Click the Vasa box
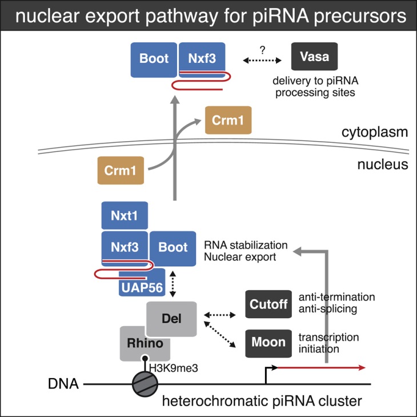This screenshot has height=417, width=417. tap(314, 57)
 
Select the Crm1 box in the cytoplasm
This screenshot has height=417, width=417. tap(228, 120)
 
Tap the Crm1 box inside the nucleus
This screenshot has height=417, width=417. tap(121, 170)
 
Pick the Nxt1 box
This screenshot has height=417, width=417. tap(125, 215)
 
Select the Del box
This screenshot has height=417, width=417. tap(171, 319)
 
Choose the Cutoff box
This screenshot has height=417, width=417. tap(268, 304)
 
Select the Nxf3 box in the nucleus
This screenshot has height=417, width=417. tap(125, 247)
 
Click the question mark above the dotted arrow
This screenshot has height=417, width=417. tap(263, 50)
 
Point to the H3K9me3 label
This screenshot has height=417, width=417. tap(174, 368)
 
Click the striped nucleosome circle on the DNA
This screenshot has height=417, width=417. tap(145, 384)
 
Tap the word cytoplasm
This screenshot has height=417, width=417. tap(375, 133)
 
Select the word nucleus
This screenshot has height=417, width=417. tap(383, 165)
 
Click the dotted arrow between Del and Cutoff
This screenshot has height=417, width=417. tap(220, 315)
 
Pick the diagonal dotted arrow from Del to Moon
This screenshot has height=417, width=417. tap(220, 334)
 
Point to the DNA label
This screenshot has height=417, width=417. tap(63, 384)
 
